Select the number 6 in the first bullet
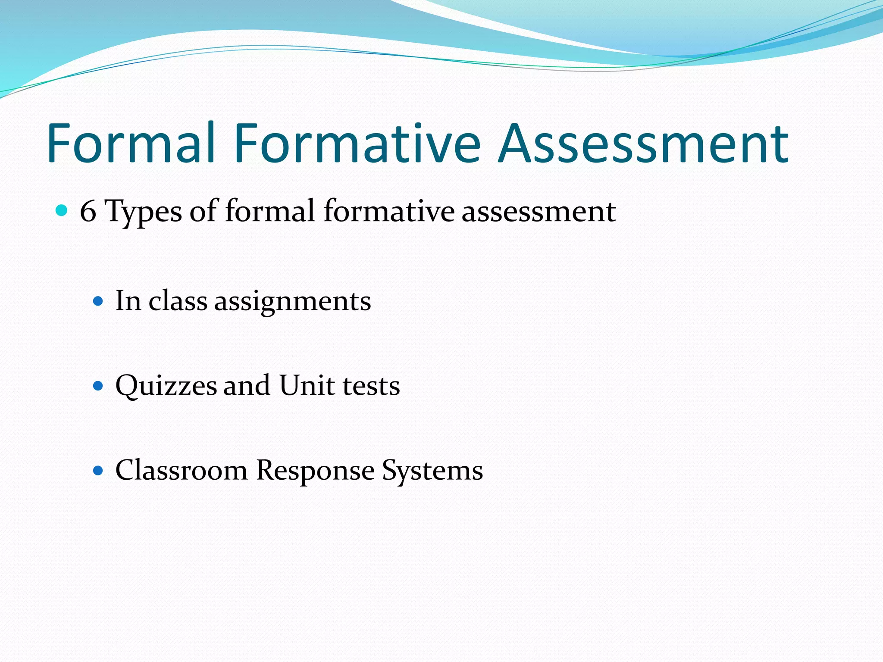point(88,212)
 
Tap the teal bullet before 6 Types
point(62,211)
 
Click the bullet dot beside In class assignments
point(98,300)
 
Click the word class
point(178,300)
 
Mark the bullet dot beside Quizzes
point(98,385)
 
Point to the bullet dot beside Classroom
point(98,470)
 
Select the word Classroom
point(182,470)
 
